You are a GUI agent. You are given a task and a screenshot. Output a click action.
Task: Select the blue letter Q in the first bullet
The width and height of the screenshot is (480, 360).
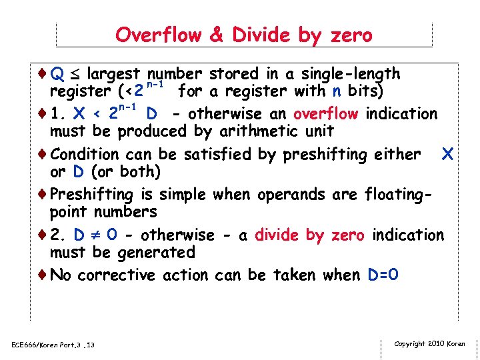pos(58,74)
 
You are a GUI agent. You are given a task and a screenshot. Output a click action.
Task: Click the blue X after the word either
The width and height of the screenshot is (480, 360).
pos(447,155)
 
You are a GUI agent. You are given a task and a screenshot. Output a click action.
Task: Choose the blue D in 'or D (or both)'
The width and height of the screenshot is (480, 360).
pos(78,172)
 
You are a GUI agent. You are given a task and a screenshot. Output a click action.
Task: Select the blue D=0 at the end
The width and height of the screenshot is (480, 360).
pos(384,275)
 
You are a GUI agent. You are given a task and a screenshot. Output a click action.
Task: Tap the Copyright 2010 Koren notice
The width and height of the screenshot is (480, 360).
pos(430,344)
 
